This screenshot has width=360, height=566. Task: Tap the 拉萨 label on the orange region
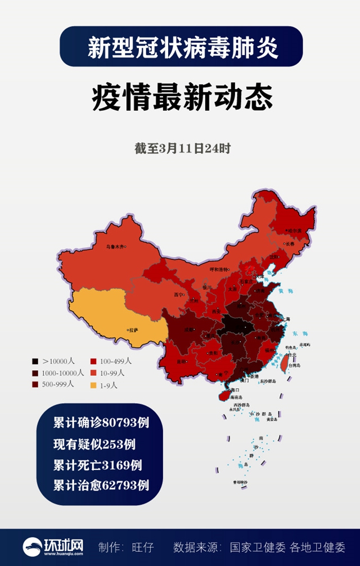pyautogui.click(x=133, y=330)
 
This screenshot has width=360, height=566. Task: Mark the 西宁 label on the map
pyautogui.click(x=179, y=294)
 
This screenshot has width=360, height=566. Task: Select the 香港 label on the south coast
pyautogui.click(x=254, y=376)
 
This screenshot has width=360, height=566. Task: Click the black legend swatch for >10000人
pyautogui.click(x=35, y=361)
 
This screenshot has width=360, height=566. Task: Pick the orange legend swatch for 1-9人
pyautogui.click(x=94, y=385)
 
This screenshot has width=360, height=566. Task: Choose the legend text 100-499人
pyautogui.click(x=116, y=361)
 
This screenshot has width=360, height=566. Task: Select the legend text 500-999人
pyautogui.click(x=58, y=385)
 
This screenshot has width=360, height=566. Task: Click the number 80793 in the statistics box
pyautogui.click(x=118, y=422)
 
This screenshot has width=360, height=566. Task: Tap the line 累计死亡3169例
pyautogui.click(x=97, y=465)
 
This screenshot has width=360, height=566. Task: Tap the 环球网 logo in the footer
pyautogui.click(x=54, y=546)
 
